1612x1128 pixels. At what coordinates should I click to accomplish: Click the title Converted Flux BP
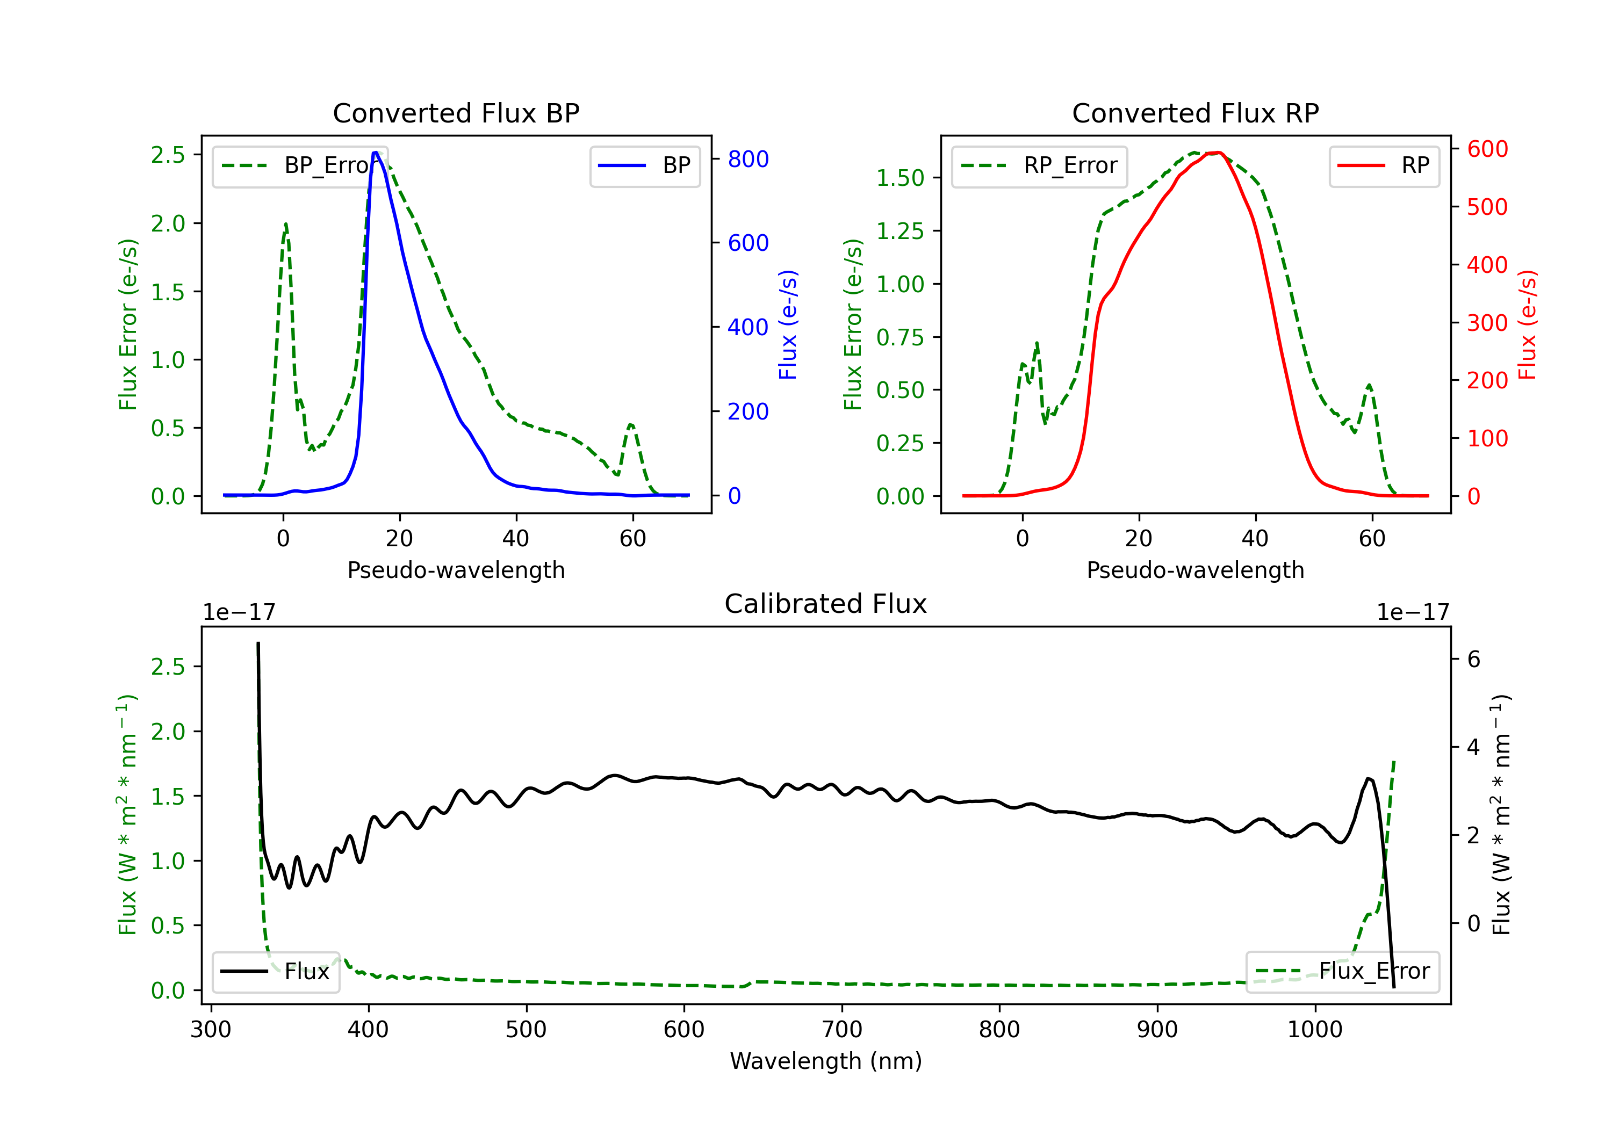tap(456, 113)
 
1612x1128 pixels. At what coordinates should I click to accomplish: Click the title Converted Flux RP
tap(1195, 113)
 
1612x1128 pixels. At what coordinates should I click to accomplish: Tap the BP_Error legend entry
tap(300, 165)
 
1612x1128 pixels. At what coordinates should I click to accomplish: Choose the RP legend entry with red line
tap(1384, 165)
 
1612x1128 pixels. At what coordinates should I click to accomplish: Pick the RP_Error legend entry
tap(1039, 165)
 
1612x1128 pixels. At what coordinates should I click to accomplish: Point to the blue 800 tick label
tap(748, 160)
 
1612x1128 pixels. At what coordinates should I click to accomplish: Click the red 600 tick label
tap(1487, 149)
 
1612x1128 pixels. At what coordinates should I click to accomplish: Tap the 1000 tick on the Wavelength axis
tap(1314, 1030)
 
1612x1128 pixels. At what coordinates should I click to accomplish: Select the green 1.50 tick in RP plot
tap(900, 178)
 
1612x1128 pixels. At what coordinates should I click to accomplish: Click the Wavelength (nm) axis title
tap(826, 1061)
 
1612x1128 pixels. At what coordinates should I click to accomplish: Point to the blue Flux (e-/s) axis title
tap(788, 324)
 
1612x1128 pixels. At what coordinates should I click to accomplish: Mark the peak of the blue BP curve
tap(376, 153)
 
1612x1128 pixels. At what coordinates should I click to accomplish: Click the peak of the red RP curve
tap(1218, 153)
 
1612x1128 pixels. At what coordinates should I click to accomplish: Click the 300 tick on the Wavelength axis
tap(211, 1030)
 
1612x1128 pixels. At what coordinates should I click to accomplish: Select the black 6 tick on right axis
tap(1474, 659)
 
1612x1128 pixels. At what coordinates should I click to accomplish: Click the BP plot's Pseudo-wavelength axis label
tap(456, 570)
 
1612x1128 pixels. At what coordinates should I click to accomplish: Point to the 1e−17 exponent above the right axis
tap(1413, 612)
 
